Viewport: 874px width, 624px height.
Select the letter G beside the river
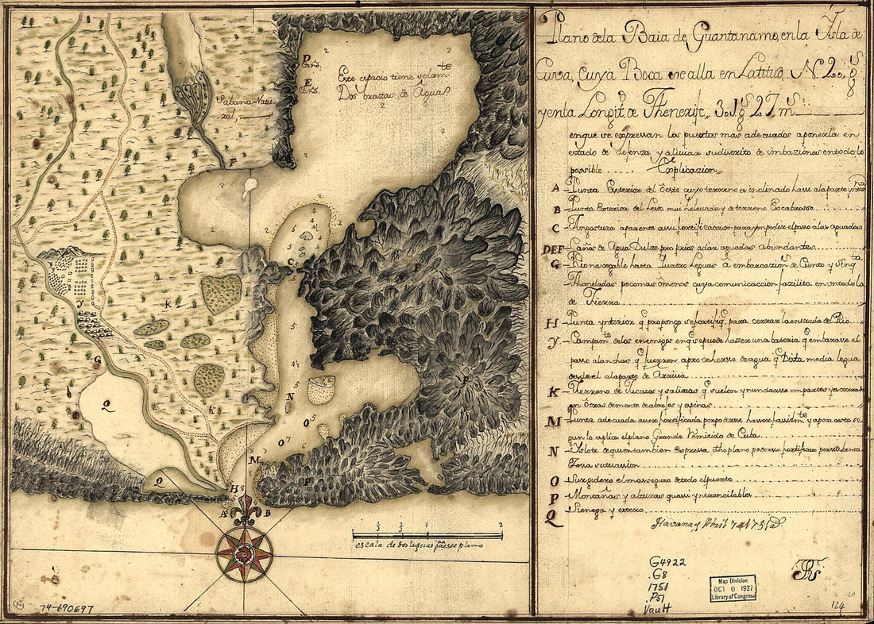point(97,360)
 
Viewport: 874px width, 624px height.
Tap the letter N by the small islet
point(291,397)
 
